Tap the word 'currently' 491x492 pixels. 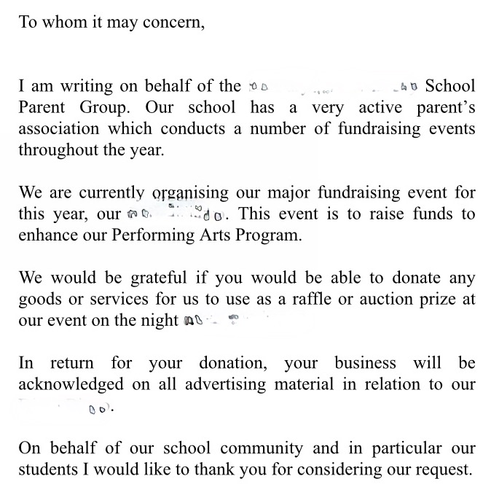111,193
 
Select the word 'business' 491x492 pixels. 365,363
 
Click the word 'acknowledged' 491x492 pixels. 71,385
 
